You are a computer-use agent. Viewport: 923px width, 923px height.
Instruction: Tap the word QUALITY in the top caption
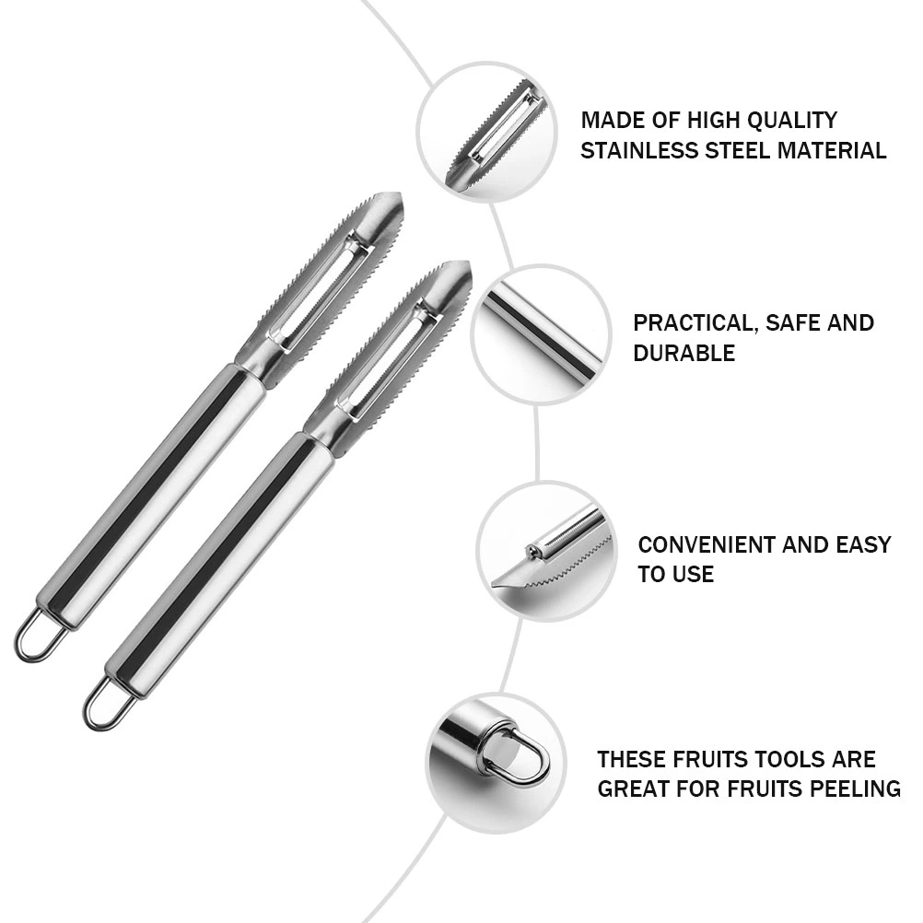tap(792, 120)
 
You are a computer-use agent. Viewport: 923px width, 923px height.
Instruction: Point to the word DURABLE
tap(684, 353)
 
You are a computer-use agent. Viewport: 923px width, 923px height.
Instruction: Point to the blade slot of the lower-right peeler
tap(389, 363)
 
